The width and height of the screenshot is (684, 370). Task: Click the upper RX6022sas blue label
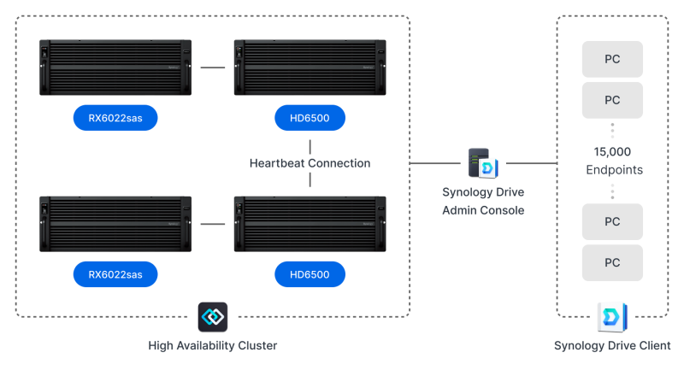[115, 117]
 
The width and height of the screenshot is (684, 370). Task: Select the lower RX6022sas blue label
[115, 274]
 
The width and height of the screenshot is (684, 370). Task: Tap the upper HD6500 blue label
[310, 117]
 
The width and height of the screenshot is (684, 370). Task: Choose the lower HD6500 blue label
[310, 274]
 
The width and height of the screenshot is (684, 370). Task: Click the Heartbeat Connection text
[310, 162]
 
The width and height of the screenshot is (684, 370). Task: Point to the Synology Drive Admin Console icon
[483, 162]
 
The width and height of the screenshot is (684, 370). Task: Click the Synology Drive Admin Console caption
[483, 201]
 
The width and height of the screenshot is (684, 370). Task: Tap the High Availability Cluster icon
[212, 316]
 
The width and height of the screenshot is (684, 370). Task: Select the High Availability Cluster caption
[212, 346]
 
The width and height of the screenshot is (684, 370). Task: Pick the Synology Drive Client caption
[612, 346]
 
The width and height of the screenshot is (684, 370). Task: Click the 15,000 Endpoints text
[612, 161]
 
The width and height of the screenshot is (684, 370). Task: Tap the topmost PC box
[612, 59]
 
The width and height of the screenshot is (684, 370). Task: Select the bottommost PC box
[612, 262]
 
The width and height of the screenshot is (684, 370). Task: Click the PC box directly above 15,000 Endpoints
[612, 100]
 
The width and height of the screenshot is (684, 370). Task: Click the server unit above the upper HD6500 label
[310, 67]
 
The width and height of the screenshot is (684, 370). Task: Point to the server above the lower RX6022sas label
[115, 224]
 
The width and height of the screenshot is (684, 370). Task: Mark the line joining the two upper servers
[212, 67]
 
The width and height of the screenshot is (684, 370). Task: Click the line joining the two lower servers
[212, 224]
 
